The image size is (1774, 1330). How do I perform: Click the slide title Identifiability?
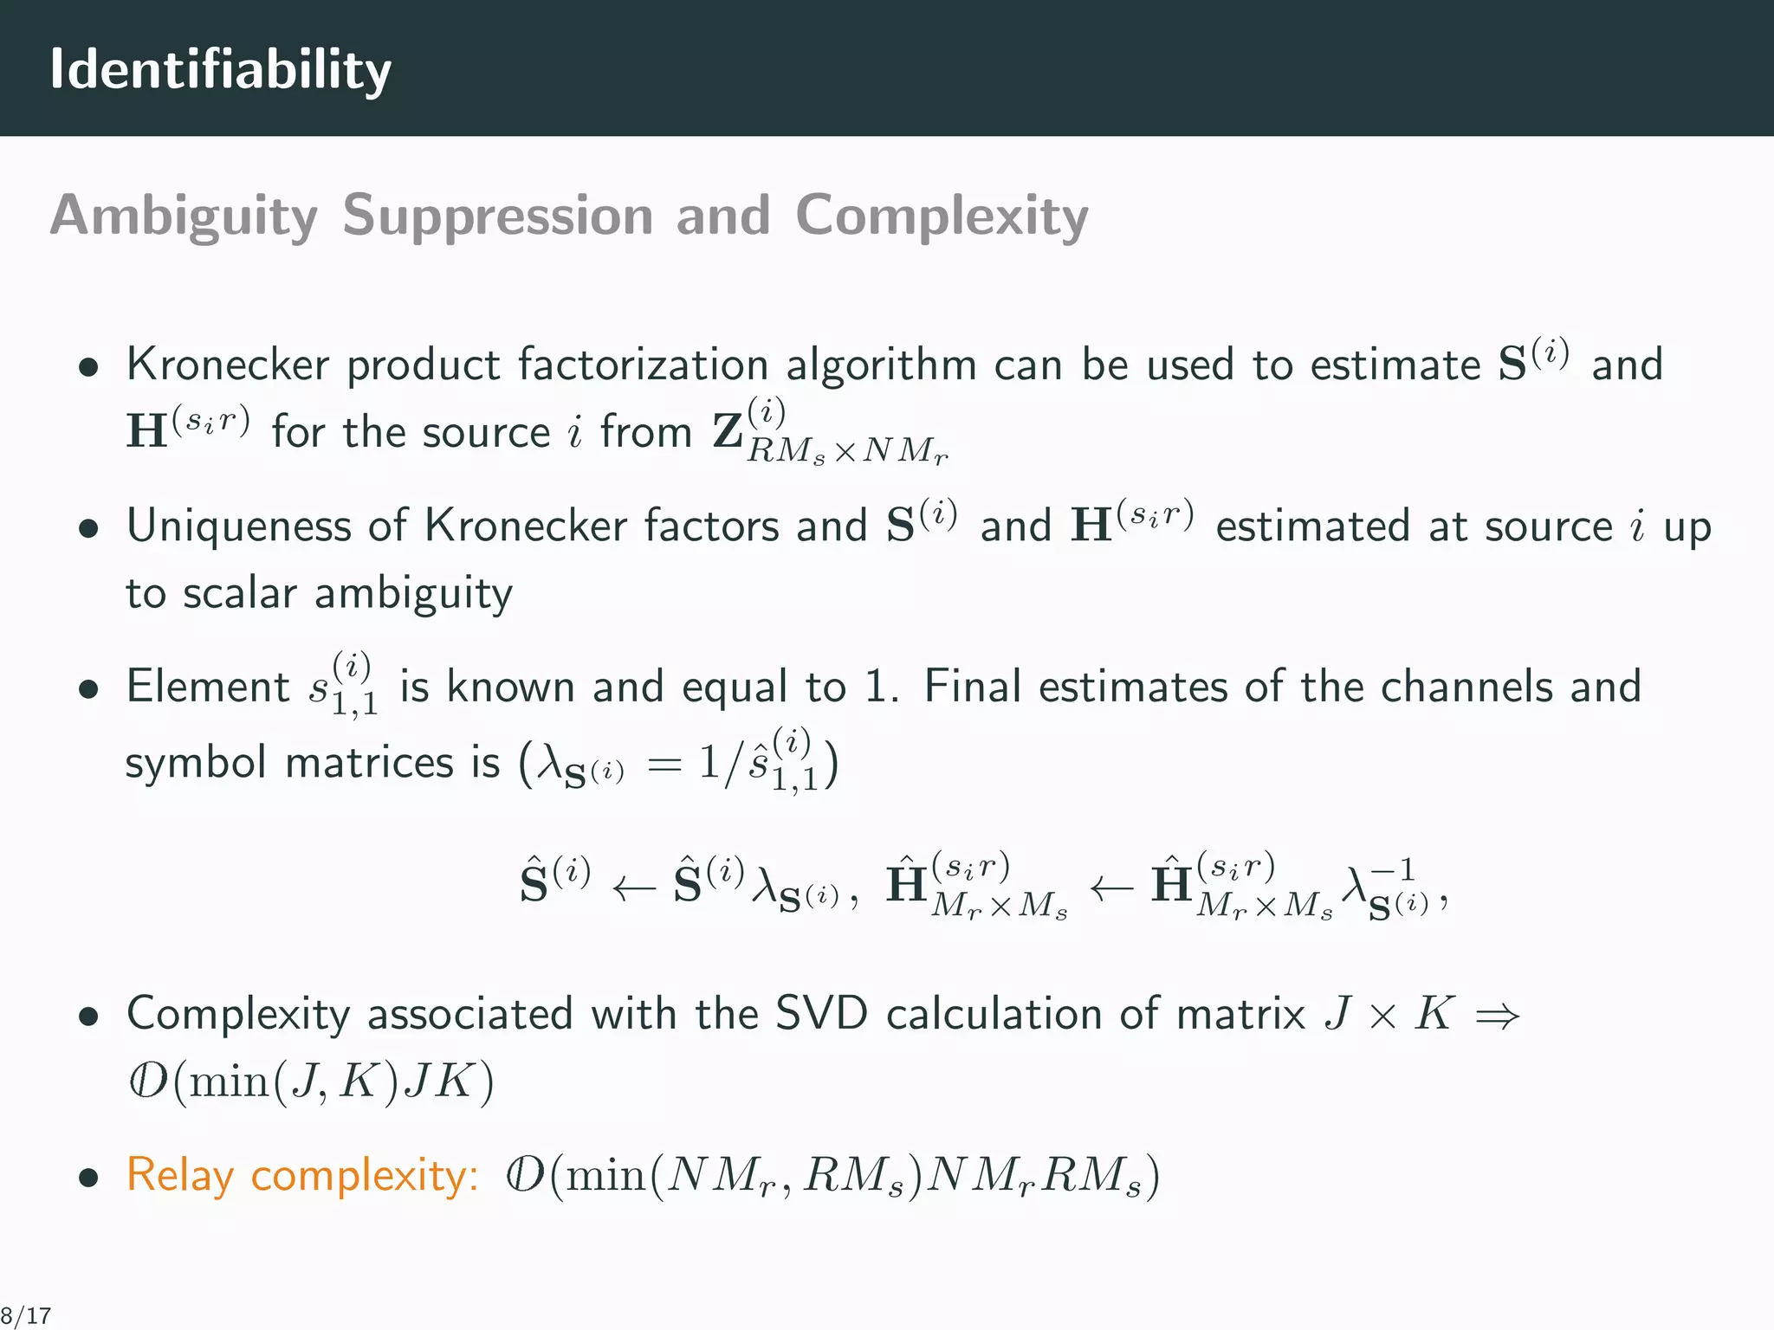click(x=220, y=69)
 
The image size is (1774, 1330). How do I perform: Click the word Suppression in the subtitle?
click(x=496, y=216)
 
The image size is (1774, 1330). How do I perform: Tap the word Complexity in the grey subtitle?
click(x=941, y=216)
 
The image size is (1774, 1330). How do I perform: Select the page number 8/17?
click(x=26, y=1316)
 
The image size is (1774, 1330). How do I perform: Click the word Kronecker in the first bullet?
click(x=227, y=365)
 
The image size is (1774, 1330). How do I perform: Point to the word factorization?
click(x=643, y=365)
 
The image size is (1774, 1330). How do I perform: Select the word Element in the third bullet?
click(x=207, y=688)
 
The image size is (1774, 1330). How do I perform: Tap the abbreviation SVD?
click(x=821, y=1014)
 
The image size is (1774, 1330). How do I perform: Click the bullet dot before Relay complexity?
click(x=87, y=1178)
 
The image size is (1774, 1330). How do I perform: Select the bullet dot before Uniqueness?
click(x=87, y=529)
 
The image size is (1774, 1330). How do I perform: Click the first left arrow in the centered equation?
click(x=633, y=889)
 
